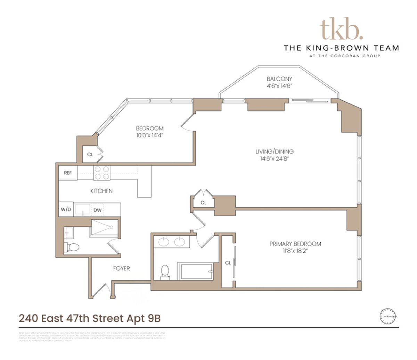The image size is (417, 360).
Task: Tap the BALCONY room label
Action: click(x=279, y=79)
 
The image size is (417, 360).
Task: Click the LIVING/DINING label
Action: click(x=275, y=152)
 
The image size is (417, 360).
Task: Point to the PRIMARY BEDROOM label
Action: click(x=295, y=244)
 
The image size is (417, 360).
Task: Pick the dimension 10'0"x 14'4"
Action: click(x=149, y=135)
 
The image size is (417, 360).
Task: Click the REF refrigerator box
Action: click(x=68, y=173)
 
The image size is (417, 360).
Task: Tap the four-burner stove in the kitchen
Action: click(x=102, y=173)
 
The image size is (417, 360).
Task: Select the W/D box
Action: click(x=66, y=210)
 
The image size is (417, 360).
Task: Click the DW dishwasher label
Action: click(x=98, y=210)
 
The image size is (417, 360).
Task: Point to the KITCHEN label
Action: click(x=101, y=191)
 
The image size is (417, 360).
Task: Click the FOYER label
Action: click(x=122, y=268)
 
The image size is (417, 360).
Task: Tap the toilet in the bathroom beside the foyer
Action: click(x=73, y=247)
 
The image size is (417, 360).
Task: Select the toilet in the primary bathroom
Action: click(x=165, y=271)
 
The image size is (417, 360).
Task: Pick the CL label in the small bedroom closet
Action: click(x=90, y=154)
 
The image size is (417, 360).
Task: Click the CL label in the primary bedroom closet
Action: click(x=228, y=263)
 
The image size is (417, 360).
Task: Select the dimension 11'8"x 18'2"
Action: click(x=295, y=251)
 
